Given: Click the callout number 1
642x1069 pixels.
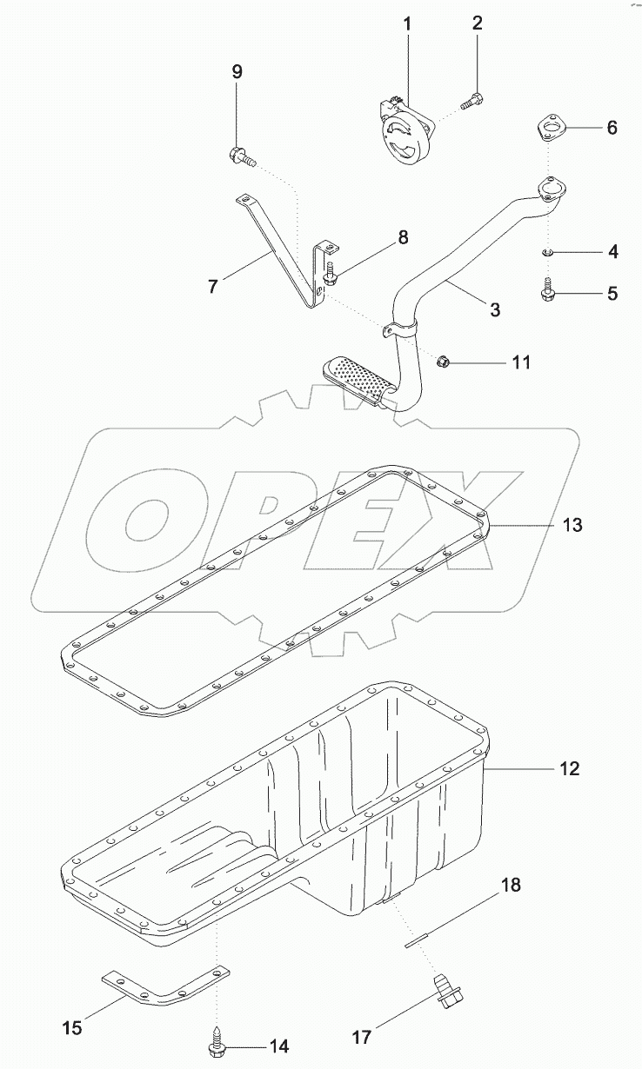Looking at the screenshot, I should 407,23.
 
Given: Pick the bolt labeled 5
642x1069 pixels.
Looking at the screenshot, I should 550,290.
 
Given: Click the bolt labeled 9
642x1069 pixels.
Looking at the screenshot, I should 241,157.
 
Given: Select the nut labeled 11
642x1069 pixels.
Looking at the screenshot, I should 442,360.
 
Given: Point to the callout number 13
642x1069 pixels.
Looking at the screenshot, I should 572,526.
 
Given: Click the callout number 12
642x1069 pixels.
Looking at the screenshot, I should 570,768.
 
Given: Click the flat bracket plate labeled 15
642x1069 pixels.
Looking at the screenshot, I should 165,986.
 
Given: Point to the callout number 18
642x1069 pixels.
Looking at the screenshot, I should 511,886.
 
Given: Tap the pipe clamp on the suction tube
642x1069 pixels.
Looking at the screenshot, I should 400,331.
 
